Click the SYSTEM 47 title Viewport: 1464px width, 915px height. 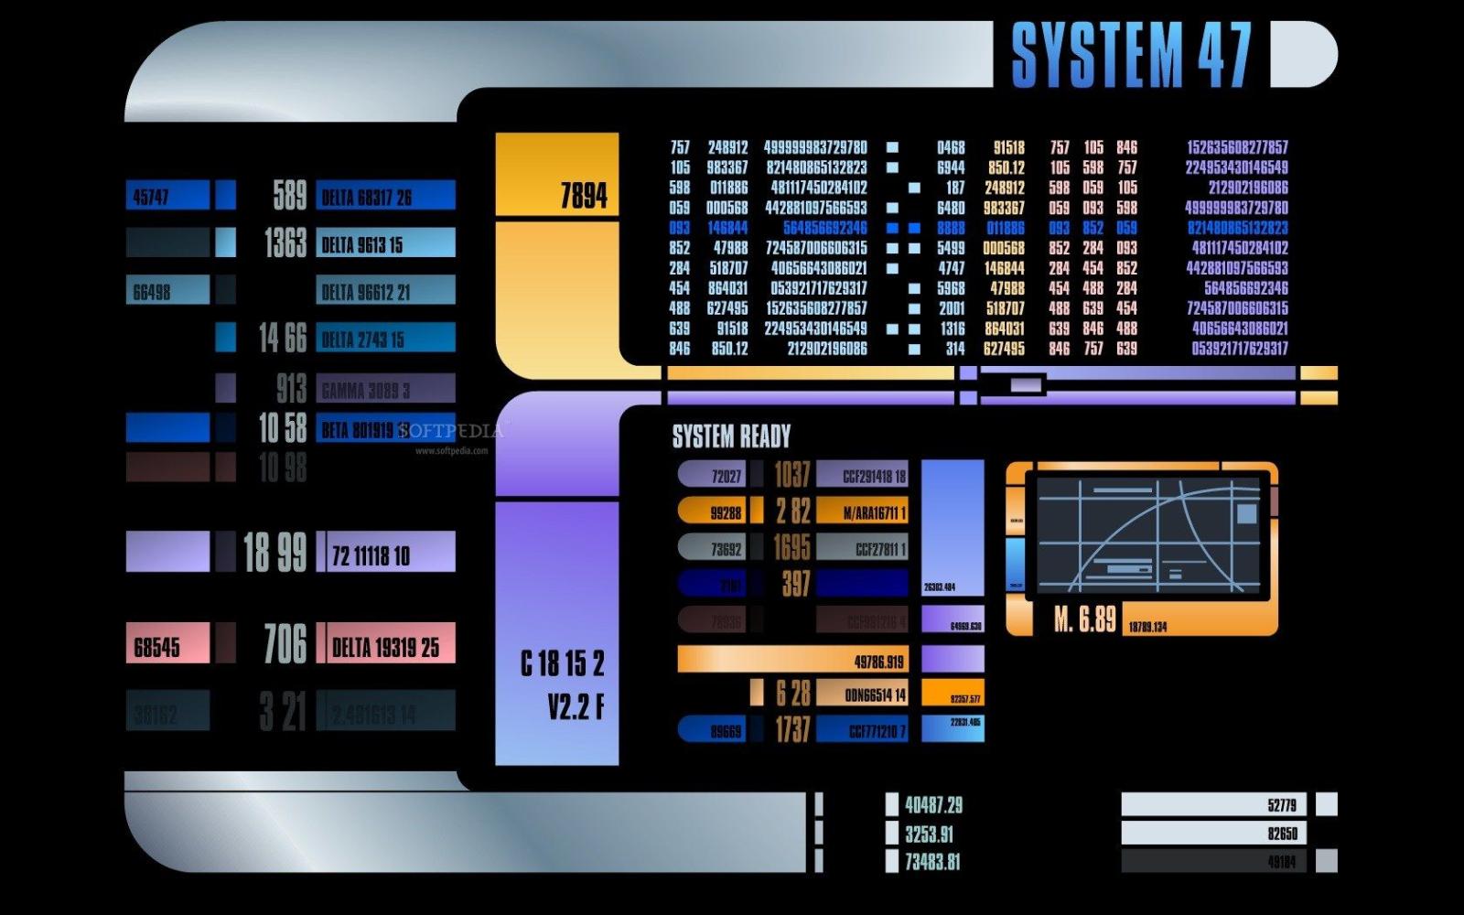(x=1130, y=55)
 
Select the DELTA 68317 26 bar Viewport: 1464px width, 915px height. (x=385, y=196)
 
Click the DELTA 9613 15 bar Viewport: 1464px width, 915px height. (x=385, y=243)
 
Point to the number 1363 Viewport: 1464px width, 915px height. (x=285, y=243)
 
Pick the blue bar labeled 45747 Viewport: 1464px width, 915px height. (x=167, y=196)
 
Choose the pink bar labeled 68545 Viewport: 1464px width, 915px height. (x=167, y=646)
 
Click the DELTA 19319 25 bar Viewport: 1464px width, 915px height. (x=385, y=646)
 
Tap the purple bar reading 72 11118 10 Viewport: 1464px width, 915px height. (x=385, y=553)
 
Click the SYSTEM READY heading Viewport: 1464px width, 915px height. (x=731, y=436)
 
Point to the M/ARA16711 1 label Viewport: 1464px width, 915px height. (x=862, y=511)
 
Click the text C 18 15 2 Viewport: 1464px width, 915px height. (x=562, y=662)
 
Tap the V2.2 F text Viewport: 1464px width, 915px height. (x=576, y=706)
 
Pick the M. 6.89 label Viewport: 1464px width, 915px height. (x=1084, y=620)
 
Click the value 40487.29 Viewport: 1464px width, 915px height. (x=933, y=805)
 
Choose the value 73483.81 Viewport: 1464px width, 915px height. (x=932, y=861)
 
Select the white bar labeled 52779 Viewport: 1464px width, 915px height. (x=1213, y=805)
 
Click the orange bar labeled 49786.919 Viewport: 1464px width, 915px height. (x=792, y=660)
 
